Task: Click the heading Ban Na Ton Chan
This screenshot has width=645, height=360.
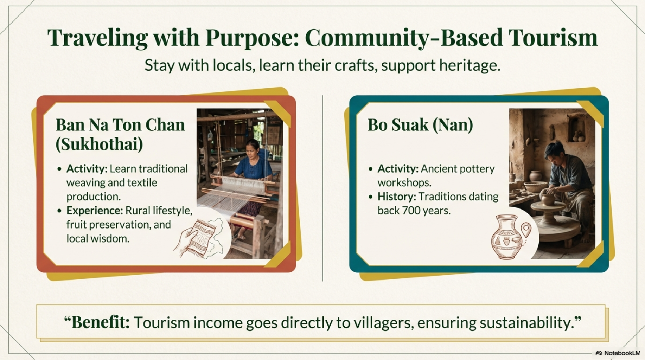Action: tap(120, 125)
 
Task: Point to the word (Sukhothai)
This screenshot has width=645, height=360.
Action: tap(99, 144)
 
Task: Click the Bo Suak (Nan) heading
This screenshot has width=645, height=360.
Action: tap(420, 125)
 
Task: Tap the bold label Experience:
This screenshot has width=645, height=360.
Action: tap(94, 211)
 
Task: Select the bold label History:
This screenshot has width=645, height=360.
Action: tap(397, 197)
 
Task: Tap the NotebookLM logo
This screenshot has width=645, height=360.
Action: tap(618, 353)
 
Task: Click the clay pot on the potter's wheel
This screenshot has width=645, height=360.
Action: tap(547, 198)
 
